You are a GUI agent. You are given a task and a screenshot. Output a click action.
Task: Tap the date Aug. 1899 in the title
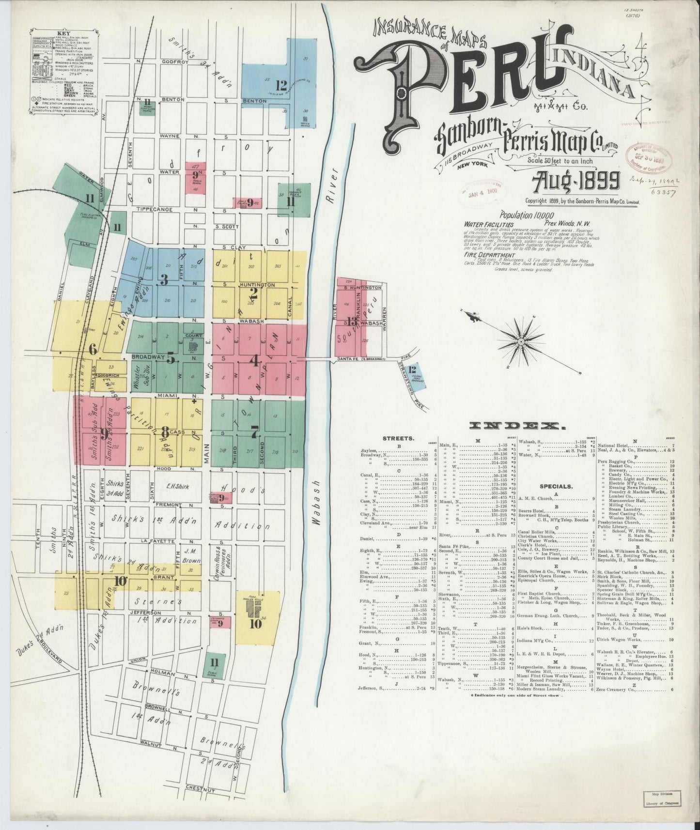[576, 182]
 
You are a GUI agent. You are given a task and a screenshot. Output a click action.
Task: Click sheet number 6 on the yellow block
[93, 350]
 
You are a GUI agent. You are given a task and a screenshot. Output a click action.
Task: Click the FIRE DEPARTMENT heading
[489, 255]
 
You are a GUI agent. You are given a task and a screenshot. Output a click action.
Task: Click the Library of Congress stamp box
[662, 798]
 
